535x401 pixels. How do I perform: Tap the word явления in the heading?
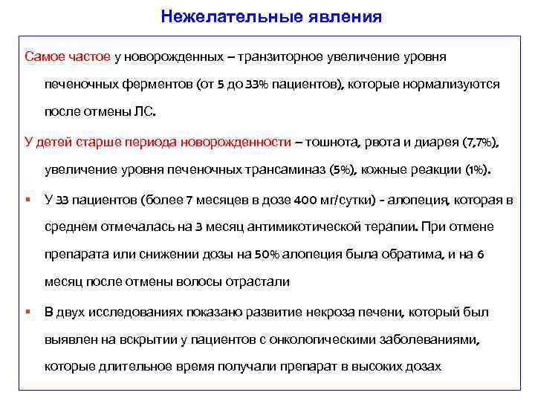point(347,16)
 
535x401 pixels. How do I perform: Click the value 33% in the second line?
point(253,84)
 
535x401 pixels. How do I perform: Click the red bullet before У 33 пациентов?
point(27,198)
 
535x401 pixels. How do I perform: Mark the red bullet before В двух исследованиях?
point(27,311)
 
